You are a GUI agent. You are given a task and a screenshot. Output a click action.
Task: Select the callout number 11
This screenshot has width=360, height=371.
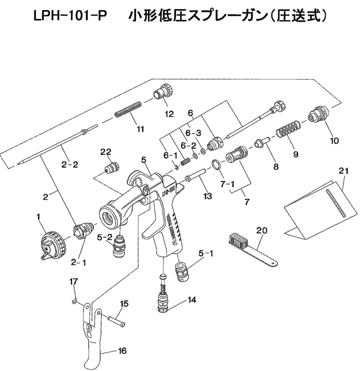(x=141, y=128)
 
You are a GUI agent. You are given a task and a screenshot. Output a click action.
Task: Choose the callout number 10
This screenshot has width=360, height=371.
(x=335, y=141)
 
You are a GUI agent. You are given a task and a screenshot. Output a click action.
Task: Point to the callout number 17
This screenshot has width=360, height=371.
(x=74, y=281)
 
